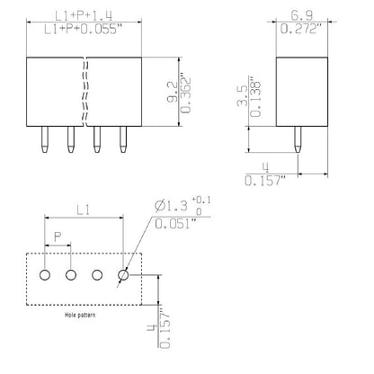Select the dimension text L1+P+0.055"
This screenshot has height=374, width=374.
coord(86,31)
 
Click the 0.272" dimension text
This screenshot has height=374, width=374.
coord(301,31)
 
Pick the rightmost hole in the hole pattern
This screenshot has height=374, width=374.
coord(123,275)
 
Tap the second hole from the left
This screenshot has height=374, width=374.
coord(69,275)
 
